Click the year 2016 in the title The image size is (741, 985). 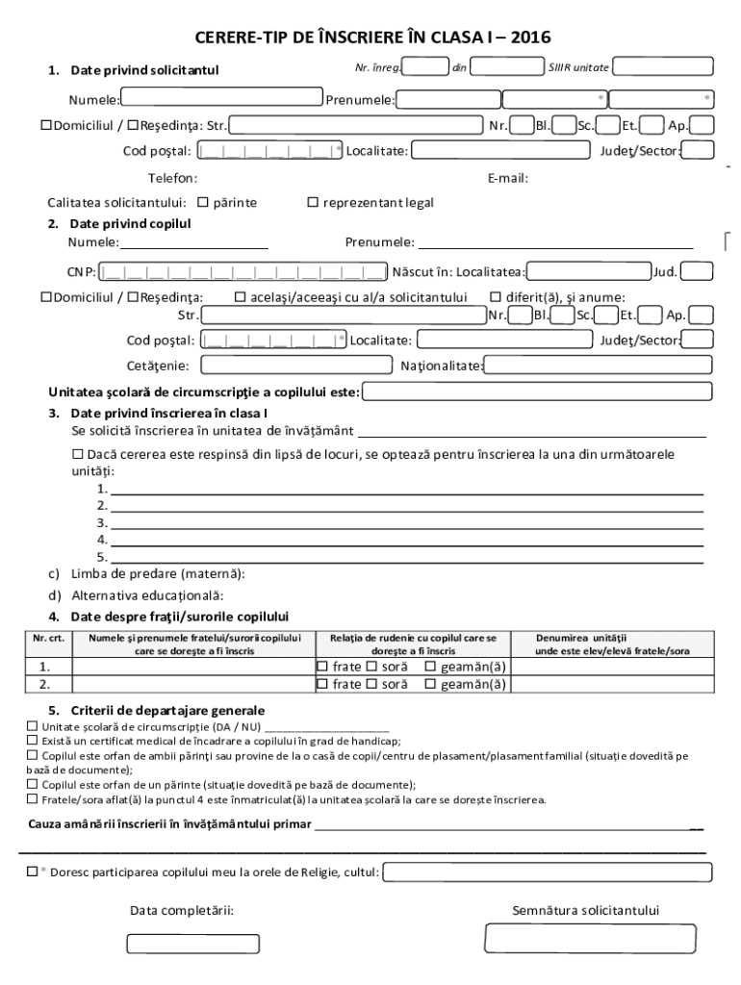(x=531, y=38)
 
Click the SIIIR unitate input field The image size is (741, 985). (x=663, y=66)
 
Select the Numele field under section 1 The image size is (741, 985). (x=221, y=97)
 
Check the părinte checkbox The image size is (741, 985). (x=203, y=203)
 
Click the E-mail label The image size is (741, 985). (x=508, y=178)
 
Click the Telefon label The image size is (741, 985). (x=172, y=178)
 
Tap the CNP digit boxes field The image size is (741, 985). (x=244, y=271)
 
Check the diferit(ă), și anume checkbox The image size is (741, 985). (x=497, y=296)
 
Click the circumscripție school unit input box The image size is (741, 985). (x=537, y=391)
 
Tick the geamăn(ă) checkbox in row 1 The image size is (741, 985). (x=430, y=667)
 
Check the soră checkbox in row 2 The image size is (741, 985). (x=370, y=685)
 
